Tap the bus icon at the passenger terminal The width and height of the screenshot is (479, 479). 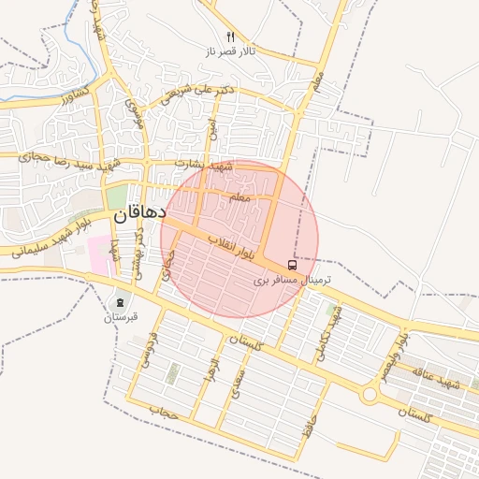tap(294, 265)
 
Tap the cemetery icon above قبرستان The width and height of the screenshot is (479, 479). tap(120, 301)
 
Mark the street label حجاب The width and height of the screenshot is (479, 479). tap(164, 410)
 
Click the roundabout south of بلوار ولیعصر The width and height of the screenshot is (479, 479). tap(369, 395)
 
